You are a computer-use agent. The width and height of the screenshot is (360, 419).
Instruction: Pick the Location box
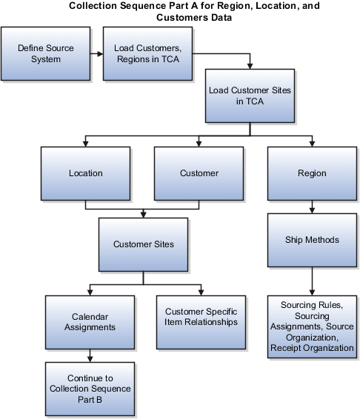85,173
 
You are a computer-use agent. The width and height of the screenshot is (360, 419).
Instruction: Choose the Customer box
199,173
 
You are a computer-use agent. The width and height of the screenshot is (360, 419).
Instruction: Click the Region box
311,173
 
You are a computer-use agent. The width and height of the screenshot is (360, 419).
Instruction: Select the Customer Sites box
141,244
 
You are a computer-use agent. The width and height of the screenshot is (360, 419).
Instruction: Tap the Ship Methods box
311,240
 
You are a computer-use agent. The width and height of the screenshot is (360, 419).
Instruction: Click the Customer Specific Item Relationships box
201,322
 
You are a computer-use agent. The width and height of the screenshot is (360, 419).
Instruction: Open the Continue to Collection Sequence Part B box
90,389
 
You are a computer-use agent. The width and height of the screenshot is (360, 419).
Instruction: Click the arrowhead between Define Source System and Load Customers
99,53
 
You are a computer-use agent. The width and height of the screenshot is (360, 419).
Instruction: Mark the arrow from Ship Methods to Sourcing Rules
312,281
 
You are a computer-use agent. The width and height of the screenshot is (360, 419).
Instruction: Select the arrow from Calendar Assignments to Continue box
90,355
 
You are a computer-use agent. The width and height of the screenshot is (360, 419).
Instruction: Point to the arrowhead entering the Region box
311,142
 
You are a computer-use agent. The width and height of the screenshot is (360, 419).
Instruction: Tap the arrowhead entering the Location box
85,142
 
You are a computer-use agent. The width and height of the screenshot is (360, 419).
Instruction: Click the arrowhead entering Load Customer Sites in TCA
250,65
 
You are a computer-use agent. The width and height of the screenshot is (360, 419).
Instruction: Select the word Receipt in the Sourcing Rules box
284,347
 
